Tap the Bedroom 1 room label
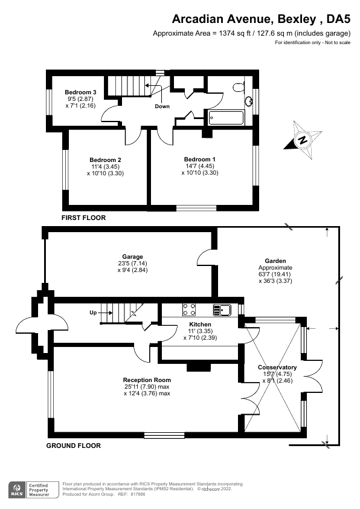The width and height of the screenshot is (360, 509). click(199, 160)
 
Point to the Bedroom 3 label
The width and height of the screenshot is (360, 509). click(77, 92)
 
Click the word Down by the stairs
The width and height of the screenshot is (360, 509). click(162, 106)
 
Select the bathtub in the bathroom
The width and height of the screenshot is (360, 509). click(227, 117)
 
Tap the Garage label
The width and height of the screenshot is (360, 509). click(130, 256)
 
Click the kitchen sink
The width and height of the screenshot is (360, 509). click(222, 310)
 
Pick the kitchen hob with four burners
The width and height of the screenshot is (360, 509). click(189, 310)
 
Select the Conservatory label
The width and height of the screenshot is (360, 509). click(277, 367)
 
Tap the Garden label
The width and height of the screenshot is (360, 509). click(275, 261)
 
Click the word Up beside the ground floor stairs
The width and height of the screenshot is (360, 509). click(93, 313)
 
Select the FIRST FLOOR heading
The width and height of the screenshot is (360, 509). click(83, 218)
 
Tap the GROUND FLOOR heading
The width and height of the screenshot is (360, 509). click(74, 446)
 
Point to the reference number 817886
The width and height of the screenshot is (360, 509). click(138, 494)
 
